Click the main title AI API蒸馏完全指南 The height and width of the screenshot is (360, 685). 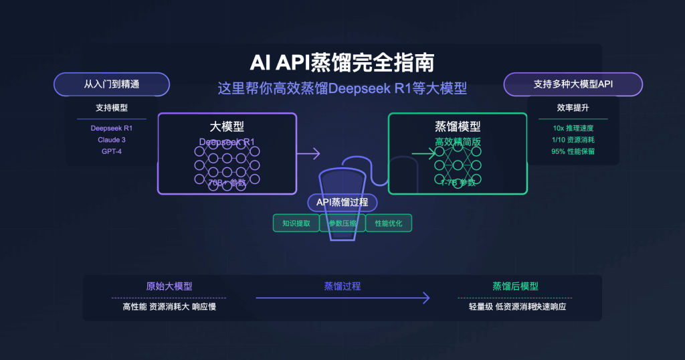(x=342, y=62)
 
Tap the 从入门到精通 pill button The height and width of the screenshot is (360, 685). (x=112, y=85)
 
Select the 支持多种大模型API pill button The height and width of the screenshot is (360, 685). (x=573, y=85)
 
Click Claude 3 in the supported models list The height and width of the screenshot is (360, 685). (x=112, y=139)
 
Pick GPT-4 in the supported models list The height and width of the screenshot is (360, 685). (x=112, y=151)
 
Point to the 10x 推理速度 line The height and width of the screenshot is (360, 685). (x=573, y=128)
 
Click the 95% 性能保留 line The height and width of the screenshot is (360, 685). (x=573, y=151)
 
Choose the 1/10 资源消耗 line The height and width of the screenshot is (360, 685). (x=573, y=139)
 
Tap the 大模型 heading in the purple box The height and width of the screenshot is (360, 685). (x=227, y=126)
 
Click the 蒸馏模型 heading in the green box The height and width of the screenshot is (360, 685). (x=458, y=126)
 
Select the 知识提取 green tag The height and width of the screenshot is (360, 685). (x=296, y=223)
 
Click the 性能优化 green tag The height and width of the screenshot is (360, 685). (x=388, y=223)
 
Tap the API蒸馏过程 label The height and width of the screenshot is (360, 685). (x=342, y=203)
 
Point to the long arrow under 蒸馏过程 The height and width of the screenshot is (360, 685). (x=342, y=298)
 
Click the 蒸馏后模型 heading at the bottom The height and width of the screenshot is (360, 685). (x=516, y=286)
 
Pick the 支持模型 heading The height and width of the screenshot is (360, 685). (x=112, y=108)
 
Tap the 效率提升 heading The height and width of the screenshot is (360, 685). (x=573, y=108)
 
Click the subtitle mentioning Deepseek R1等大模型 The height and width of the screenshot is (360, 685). (x=342, y=88)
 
